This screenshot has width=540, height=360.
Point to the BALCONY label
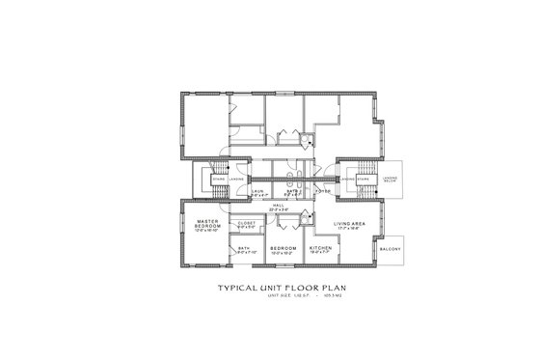(391, 248)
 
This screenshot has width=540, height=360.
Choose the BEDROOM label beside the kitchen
(283, 247)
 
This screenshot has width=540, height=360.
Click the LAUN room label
(257, 191)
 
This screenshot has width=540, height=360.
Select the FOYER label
(324, 191)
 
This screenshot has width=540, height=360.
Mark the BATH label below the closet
(245, 248)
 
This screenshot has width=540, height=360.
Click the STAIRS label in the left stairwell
(219, 179)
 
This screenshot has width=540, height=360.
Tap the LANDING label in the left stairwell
(235, 179)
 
